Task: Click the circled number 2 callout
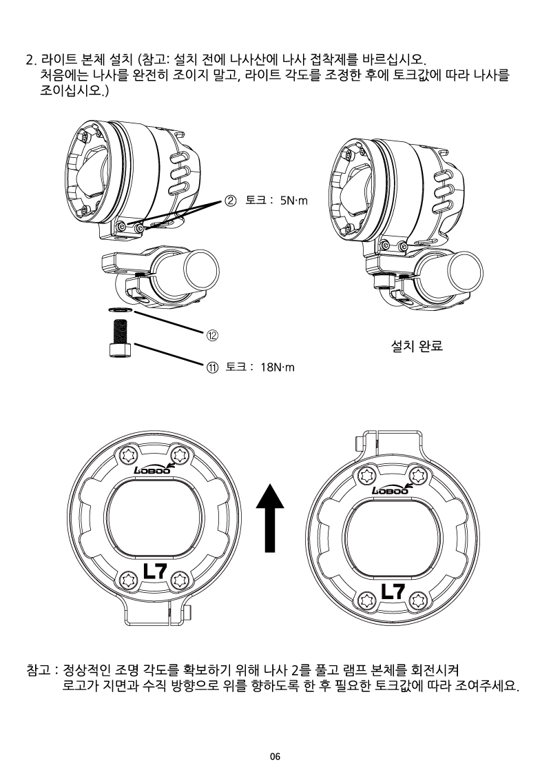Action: [231, 201]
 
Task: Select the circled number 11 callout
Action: [211, 367]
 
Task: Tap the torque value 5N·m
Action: [294, 201]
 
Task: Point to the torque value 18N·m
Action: [278, 367]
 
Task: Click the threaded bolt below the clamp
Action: [120, 338]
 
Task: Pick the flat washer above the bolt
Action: [120, 310]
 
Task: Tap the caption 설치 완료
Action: [417, 346]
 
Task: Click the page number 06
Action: [275, 757]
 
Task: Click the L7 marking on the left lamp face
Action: [154, 571]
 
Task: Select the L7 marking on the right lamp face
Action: [393, 591]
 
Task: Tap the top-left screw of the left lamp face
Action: [131, 455]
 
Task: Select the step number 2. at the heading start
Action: [31, 61]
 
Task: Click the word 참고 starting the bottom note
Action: [39, 671]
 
